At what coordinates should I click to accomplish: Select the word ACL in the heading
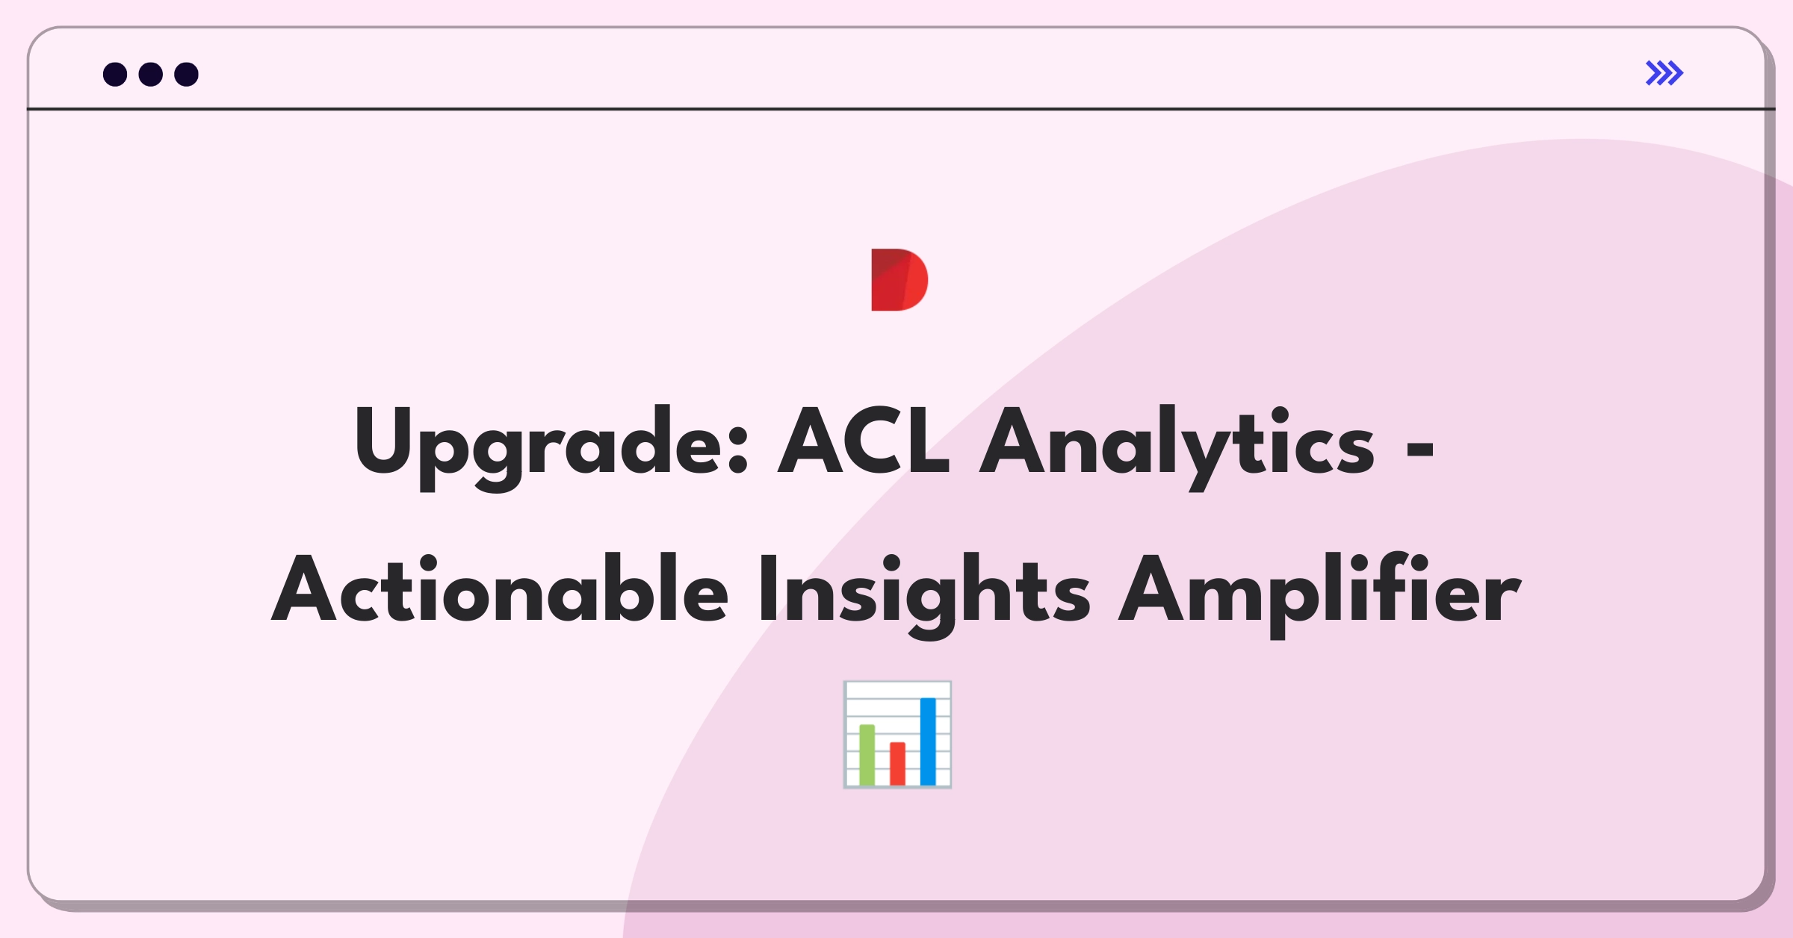click(863, 441)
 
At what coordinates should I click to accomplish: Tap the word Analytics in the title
click(1177, 447)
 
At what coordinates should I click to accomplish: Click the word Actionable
click(500, 588)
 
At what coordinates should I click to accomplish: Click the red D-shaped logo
click(899, 279)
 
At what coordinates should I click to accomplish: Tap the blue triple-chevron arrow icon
click(1665, 73)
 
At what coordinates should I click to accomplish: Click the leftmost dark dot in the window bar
click(115, 74)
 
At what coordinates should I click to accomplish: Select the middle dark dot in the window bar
click(151, 74)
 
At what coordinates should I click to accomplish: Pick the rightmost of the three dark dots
click(186, 74)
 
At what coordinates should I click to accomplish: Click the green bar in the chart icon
click(867, 754)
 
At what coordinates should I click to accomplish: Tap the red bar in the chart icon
click(897, 763)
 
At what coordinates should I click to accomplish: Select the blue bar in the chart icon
click(928, 741)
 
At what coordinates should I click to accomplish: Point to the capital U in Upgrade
click(383, 441)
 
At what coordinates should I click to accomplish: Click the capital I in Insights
click(768, 588)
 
